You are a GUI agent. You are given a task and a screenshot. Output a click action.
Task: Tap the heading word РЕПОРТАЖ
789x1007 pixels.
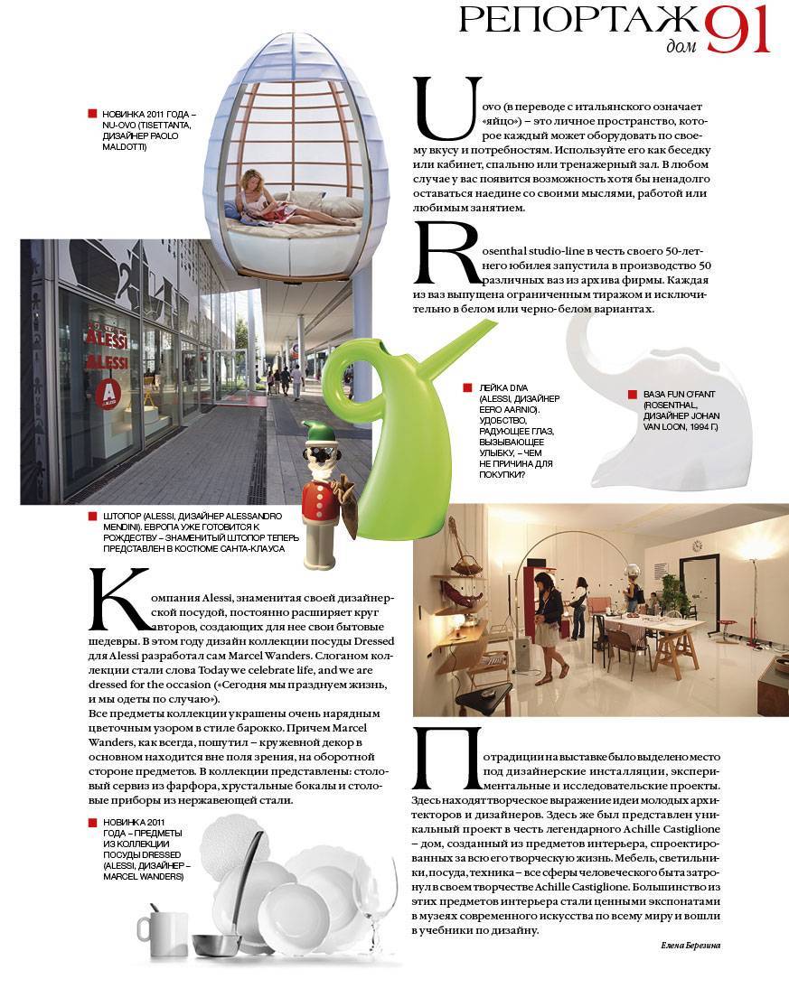tap(578, 23)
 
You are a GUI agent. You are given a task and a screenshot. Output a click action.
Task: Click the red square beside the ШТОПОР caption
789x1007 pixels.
tap(92, 516)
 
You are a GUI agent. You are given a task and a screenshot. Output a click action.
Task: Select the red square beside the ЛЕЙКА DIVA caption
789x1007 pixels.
tap(467, 387)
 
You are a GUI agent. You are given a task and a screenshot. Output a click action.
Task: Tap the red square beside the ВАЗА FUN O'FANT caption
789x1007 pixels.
tap(632, 395)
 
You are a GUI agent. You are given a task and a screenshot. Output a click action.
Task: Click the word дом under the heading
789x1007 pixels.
tap(678, 47)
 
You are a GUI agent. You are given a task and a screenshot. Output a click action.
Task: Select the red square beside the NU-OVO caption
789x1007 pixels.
tap(92, 114)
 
